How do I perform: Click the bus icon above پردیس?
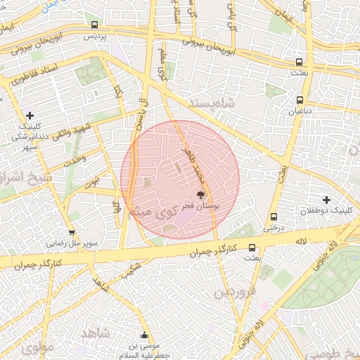tap(95, 25)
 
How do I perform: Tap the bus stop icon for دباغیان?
tap(300, 100)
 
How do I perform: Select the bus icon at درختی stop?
tap(273, 217)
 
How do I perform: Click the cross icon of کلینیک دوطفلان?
tap(326, 200)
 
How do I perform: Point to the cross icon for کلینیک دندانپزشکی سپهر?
tap(30, 115)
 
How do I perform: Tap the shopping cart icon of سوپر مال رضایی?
tap(71, 233)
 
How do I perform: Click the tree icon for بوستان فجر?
tap(201, 195)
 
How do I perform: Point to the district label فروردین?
tap(233, 291)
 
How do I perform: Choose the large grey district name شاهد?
tap(96, 332)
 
